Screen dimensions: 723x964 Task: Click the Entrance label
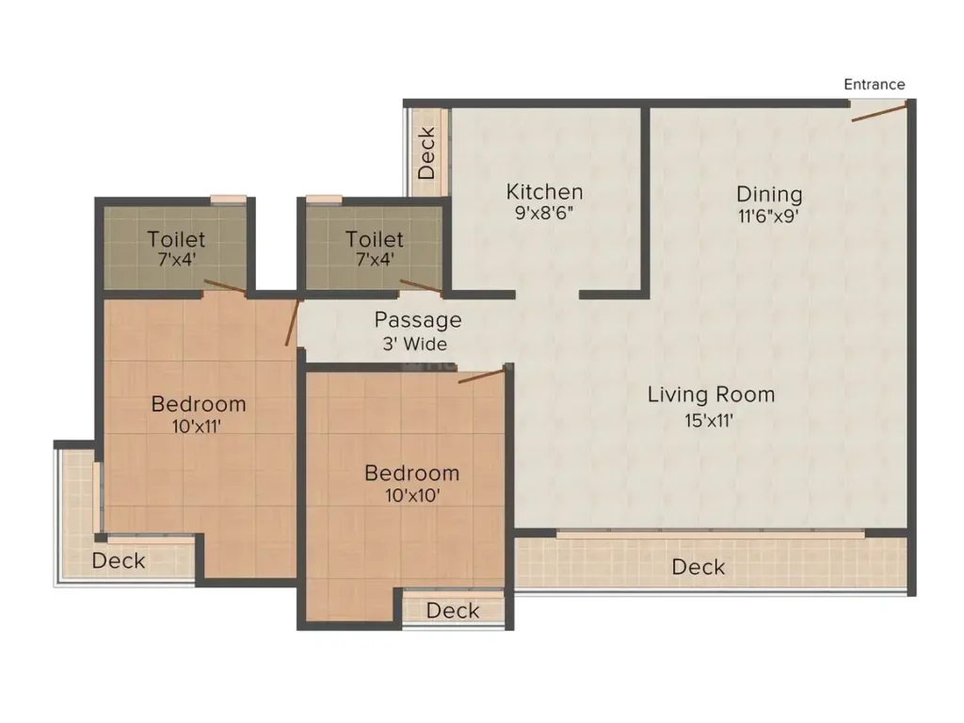tap(874, 85)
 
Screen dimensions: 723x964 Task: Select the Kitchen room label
tap(544, 192)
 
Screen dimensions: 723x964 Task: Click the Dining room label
tap(769, 195)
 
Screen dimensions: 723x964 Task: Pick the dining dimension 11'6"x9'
tap(769, 216)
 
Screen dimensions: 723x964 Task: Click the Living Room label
tap(711, 394)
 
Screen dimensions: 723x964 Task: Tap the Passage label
tap(418, 320)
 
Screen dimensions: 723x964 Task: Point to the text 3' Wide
tap(415, 344)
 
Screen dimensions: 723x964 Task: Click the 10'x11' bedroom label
tap(199, 426)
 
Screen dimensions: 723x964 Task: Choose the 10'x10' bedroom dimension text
tap(411, 494)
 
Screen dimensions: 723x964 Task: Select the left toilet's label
tap(176, 239)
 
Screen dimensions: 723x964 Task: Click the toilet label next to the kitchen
tap(374, 239)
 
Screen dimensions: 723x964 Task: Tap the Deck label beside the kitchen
tap(426, 153)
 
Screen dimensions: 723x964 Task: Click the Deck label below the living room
tap(699, 567)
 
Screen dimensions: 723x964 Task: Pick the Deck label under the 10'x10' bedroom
tap(453, 611)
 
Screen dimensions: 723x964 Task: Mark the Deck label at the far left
tap(119, 561)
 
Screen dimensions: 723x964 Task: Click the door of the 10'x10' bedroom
tap(481, 377)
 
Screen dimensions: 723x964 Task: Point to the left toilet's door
tap(226, 287)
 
